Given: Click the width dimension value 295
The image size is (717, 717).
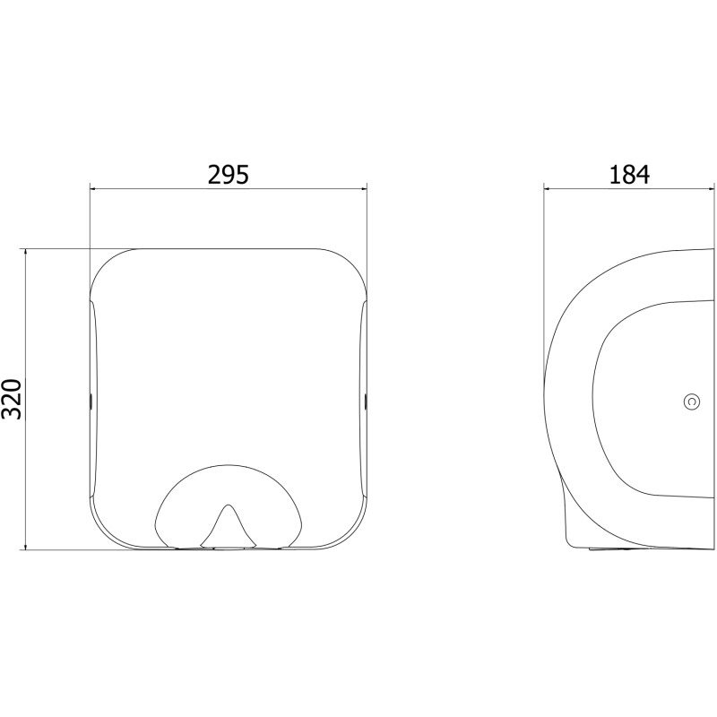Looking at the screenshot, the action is [229, 175].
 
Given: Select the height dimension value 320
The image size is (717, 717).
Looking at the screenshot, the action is [11, 399].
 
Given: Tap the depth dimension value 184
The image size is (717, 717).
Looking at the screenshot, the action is [629, 175].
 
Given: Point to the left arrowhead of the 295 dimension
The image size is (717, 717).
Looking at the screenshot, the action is [93, 188].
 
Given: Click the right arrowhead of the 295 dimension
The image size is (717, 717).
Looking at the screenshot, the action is [364, 188].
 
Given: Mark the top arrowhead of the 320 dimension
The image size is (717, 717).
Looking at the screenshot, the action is [26, 253].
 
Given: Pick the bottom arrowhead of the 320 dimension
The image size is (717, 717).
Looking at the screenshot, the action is [26, 546].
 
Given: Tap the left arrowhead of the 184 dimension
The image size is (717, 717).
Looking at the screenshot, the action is [548, 188].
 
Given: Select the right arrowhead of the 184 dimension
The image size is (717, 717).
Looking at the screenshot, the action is [710, 188].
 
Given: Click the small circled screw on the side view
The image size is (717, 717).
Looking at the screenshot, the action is [692, 402].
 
